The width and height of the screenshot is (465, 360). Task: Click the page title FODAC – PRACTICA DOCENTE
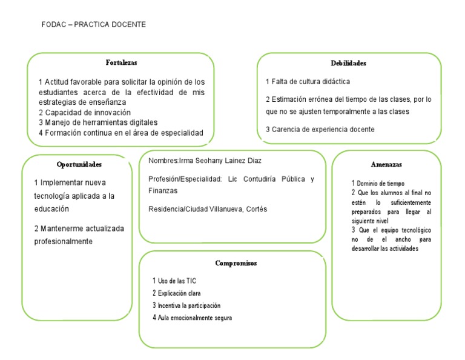coord(93,25)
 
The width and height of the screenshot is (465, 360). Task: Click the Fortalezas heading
coord(121,62)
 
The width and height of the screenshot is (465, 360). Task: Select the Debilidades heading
coord(348,63)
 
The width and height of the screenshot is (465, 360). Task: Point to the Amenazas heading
coord(386,164)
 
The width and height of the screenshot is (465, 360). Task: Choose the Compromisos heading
coord(236,263)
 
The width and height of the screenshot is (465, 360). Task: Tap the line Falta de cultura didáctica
coord(308,81)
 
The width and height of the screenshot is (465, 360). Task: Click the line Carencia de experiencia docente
coord(320,129)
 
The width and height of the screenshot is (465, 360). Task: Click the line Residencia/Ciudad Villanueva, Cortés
coord(208,209)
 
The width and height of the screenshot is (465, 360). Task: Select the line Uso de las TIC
coord(175,281)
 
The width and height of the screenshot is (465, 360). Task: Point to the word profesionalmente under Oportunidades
coord(64,241)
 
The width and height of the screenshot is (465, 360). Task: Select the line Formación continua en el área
coord(120,133)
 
